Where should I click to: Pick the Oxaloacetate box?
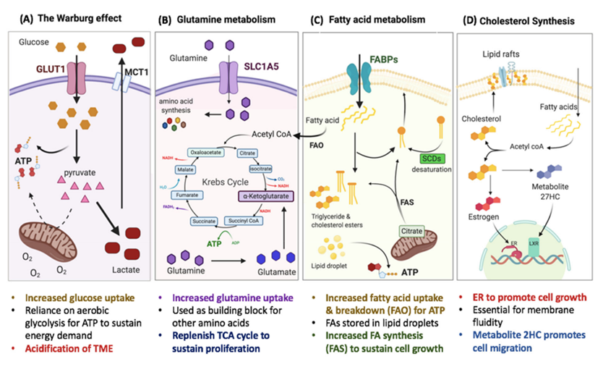[x=205, y=153]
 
